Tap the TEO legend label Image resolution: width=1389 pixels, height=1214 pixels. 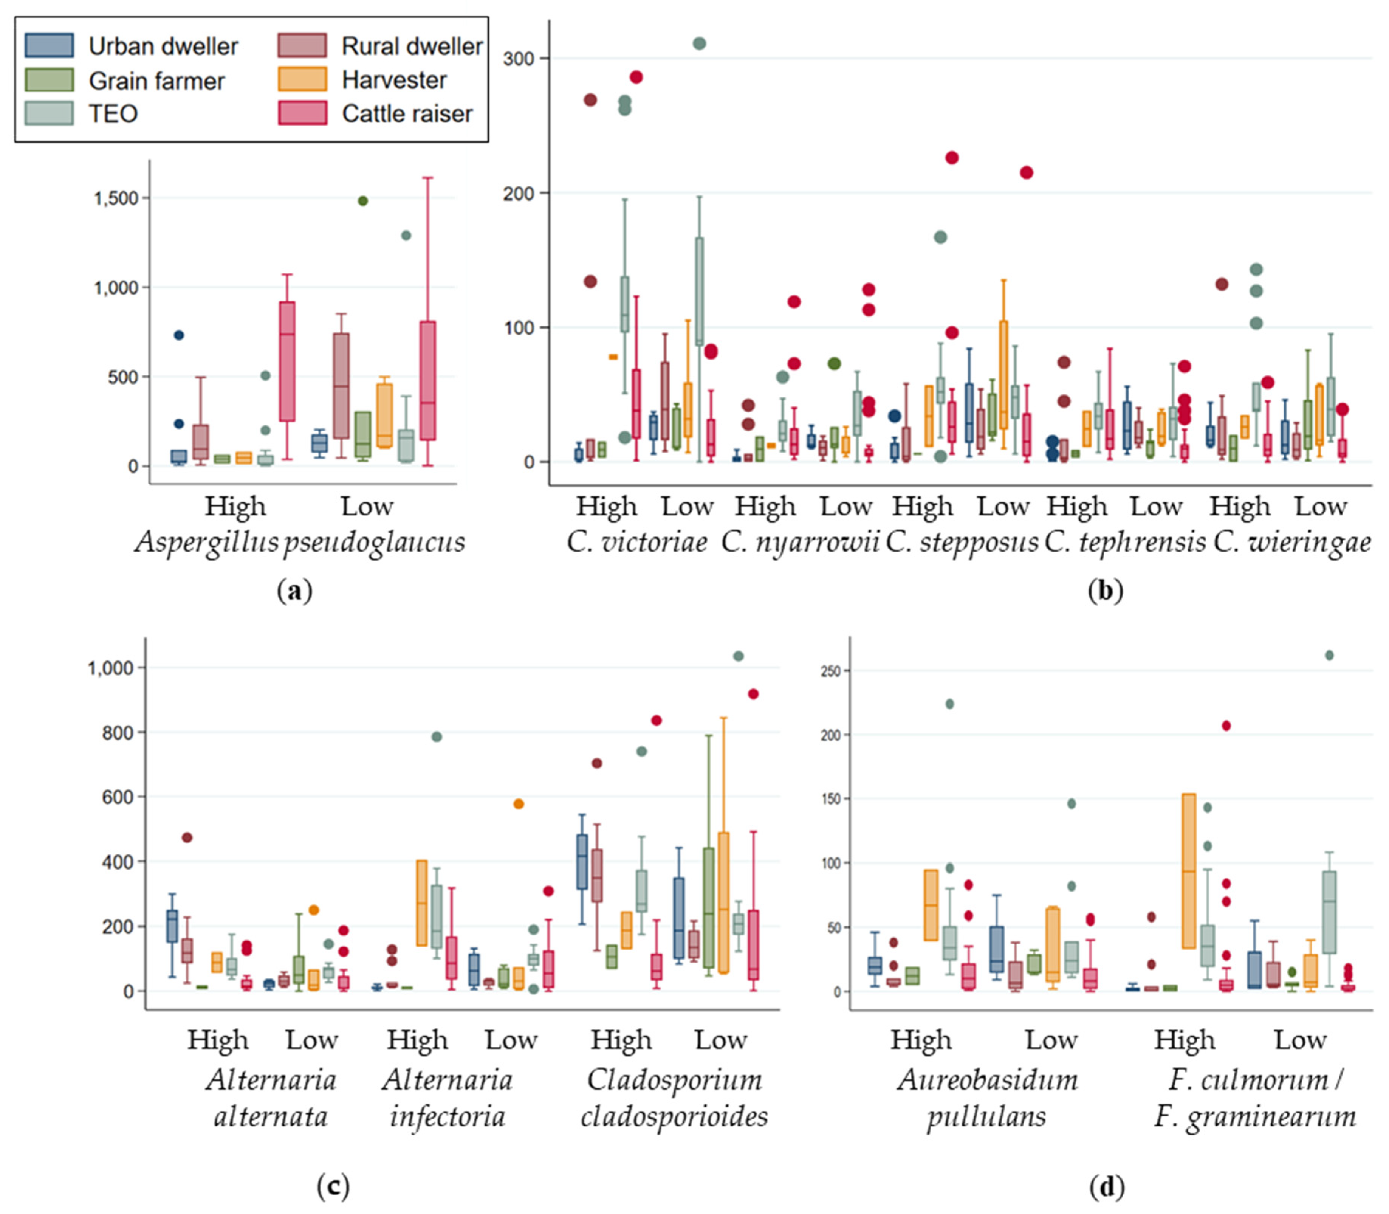click(113, 113)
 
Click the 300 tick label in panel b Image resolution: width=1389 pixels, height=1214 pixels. click(519, 58)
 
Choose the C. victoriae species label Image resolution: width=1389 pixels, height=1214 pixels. click(637, 542)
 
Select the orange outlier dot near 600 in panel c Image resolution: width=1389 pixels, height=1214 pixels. click(519, 804)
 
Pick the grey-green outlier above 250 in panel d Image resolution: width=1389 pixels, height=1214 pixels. click(1329, 655)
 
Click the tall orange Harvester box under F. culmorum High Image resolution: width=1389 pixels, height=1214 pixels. click(1189, 871)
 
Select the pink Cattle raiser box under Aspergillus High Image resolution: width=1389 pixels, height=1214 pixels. click(287, 361)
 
